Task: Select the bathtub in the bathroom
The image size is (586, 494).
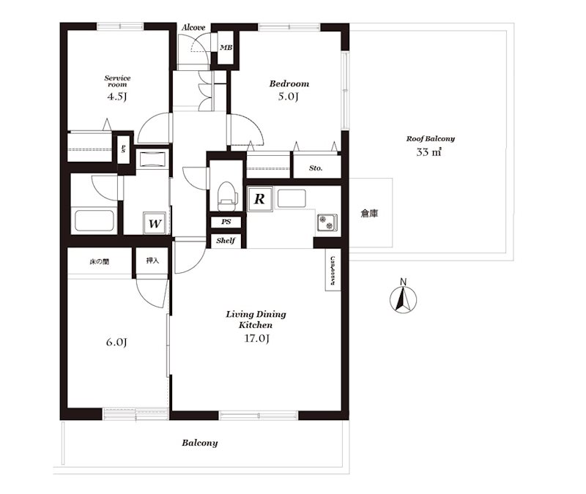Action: click(x=94, y=220)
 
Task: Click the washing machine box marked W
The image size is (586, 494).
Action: click(x=155, y=223)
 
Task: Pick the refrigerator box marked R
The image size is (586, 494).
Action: click(x=259, y=199)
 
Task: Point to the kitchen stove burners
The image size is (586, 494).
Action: click(x=327, y=222)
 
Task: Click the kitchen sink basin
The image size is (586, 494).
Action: click(x=292, y=198)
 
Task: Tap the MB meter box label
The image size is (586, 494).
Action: click(x=226, y=48)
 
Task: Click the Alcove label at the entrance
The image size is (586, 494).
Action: click(x=193, y=27)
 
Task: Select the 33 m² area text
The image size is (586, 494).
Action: click(x=429, y=152)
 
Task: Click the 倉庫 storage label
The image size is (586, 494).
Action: click(x=369, y=213)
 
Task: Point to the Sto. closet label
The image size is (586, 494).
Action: click(x=316, y=168)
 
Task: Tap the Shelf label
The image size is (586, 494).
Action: click(x=226, y=241)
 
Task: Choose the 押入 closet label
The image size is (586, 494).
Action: click(x=152, y=261)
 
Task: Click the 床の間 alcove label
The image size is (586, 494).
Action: click(x=100, y=262)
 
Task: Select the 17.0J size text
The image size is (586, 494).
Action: click(x=257, y=338)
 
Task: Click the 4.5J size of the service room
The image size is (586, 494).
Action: click(x=117, y=97)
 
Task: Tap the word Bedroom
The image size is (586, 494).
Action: click(x=289, y=83)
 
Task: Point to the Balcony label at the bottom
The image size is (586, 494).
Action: click(x=199, y=443)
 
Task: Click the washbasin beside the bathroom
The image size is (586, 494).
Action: click(x=152, y=160)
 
